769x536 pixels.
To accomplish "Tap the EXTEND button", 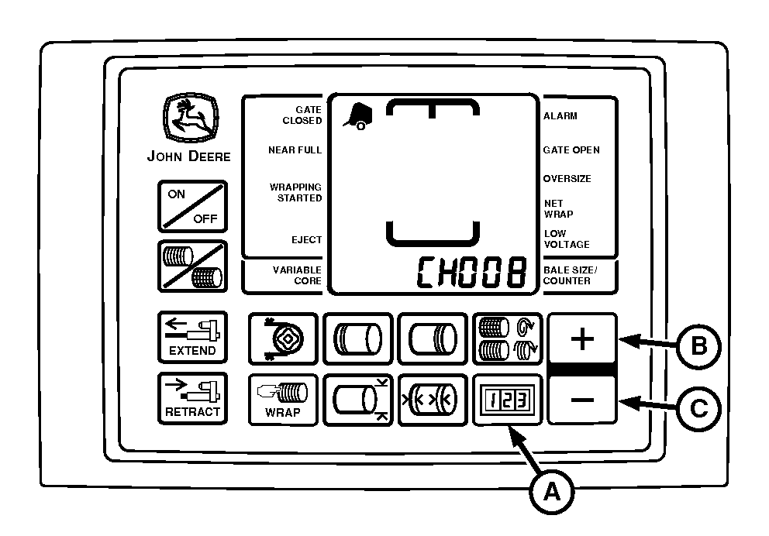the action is pos(192,337).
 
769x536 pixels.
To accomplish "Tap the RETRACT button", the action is pos(192,398).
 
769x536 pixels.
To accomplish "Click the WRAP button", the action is pos(283,400).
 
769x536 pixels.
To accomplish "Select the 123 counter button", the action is pos(507,400).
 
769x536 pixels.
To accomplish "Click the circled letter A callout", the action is pos(552,491).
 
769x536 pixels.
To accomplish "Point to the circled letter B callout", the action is pos(698,346).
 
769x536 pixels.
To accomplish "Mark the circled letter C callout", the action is pos(698,409).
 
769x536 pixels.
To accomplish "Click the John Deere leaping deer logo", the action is pos(191,118).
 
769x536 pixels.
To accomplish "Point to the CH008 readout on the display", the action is pos(471,272).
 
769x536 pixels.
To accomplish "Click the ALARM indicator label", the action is pos(560,116).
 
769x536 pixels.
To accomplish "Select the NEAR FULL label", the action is pos(295,150).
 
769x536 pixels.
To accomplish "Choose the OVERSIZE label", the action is pos(567,179).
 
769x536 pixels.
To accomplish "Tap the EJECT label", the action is pos(306,239).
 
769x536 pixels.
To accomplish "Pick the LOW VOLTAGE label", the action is pos(567,239).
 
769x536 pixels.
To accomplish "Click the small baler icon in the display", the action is pos(357,116).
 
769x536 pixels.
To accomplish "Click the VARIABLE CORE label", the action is pos(297,275).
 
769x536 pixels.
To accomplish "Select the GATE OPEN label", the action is pos(571,150).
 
